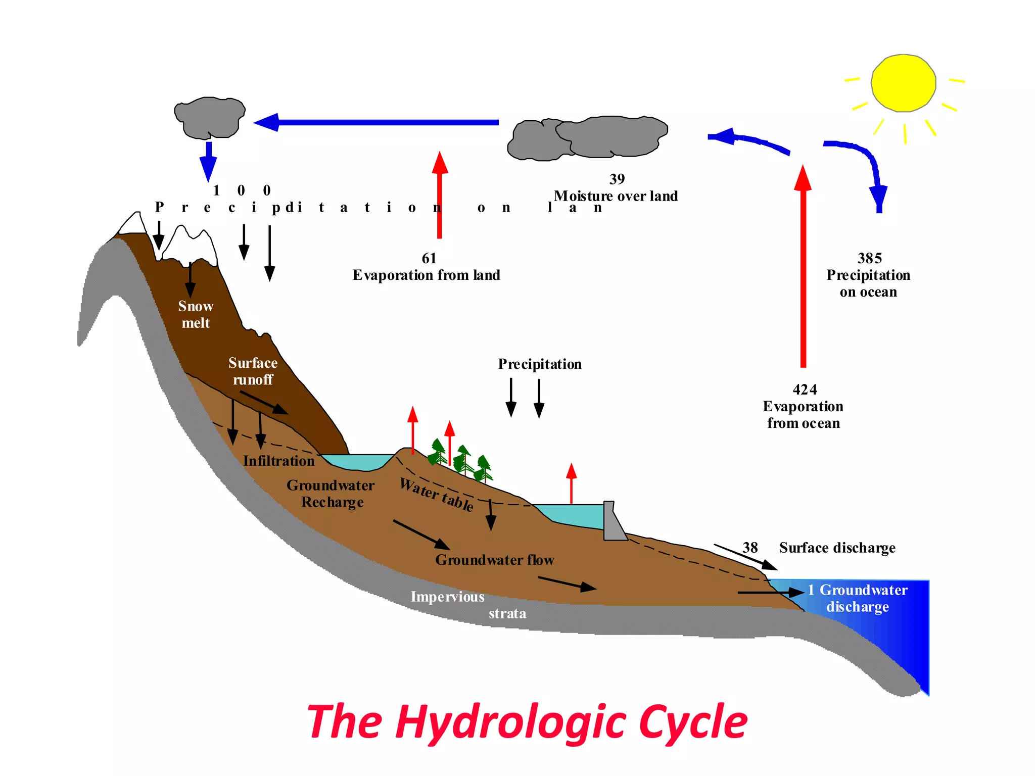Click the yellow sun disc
[x=903, y=83]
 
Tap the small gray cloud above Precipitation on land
[x=209, y=118]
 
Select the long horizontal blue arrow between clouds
[x=377, y=122]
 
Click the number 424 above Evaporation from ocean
[x=805, y=390]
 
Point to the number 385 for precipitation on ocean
[x=869, y=258]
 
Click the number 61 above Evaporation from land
[x=429, y=258]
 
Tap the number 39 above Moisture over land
[x=617, y=179]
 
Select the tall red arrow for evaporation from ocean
[x=803, y=268]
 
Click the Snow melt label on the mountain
[x=196, y=314]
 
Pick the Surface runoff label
[x=253, y=371]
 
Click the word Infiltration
[x=278, y=461]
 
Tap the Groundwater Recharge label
[x=331, y=494]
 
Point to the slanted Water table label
[x=437, y=495]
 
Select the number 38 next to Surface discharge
[x=750, y=548]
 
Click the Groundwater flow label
[x=494, y=560]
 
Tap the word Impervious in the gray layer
[x=447, y=597]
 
